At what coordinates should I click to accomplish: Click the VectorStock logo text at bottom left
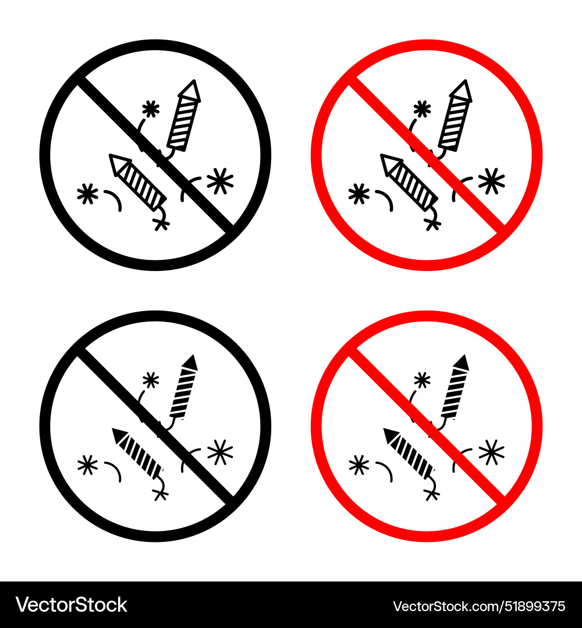[x=72, y=605]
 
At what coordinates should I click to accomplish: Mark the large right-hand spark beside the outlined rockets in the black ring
[x=220, y=181]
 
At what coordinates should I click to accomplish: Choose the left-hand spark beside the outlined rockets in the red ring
[x=359, y=194]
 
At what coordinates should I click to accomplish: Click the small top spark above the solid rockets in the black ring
[x=151, y=380]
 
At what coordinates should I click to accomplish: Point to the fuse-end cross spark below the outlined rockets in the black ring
[x=161, y=223]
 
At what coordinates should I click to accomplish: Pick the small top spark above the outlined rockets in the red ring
[x=422, y=108]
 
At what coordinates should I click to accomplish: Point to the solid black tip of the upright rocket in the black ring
[x=190, y=362]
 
